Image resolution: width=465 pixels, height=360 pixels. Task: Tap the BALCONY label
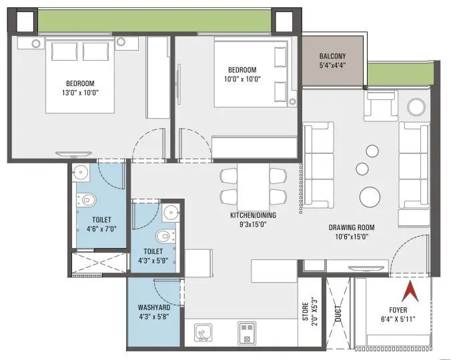pyautogui.click(x=332, y=57)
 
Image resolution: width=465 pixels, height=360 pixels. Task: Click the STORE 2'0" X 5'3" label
pyautogui.click(x=309, y=312)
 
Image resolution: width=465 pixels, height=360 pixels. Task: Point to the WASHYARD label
pyautogui.click(x=153, y=312)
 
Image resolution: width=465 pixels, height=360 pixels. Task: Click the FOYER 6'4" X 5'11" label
pyautogui.click(x=403, y=314)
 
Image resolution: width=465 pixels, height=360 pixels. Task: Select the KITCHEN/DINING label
pyautogui.click(x=253, y=215)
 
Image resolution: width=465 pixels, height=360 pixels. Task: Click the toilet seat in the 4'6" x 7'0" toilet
pyautogui.click(x=87, y=199)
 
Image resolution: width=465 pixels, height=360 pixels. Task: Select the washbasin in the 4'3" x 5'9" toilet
pyautogui.click(x=170, y=213)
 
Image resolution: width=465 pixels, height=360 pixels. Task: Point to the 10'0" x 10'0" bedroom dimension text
pyautogui.click(x=242, y=79)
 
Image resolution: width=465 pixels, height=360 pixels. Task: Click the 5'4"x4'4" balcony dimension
pyautogui.click(x=332, y=66)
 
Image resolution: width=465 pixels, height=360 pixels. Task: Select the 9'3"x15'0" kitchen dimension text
pyautogui.click(x=253, y=225)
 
